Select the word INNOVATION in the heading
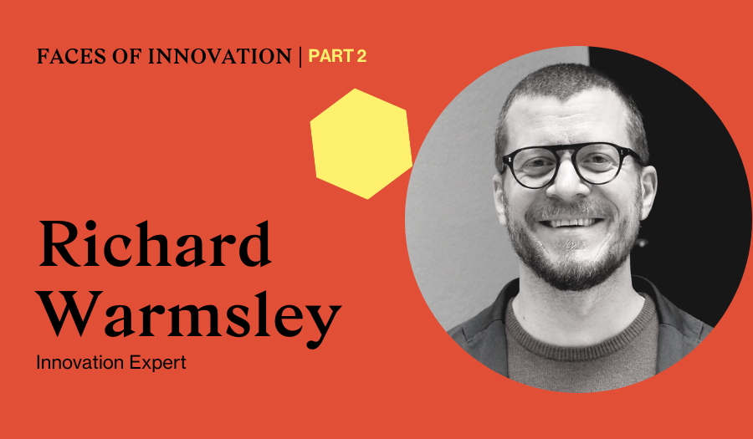[x=219, y=56]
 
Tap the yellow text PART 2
[x=337, y=56]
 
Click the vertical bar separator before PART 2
[x=300, y=57]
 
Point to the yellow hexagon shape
[x=361, y=144]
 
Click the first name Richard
[x=155, y=243]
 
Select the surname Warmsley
[x=189, y=314]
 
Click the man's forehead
[x=566, y=118]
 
